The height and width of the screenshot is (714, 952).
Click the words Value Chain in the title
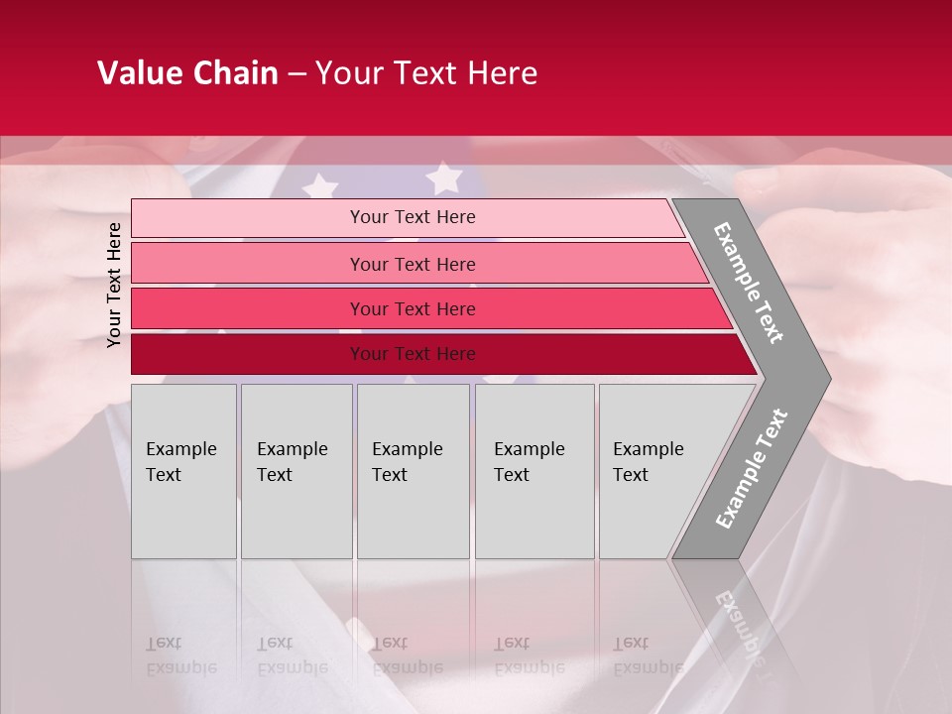click(x=187, y=73)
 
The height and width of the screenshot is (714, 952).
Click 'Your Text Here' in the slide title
click(x=426, y=73)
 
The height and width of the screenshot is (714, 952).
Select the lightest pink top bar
click(x=248, y=218)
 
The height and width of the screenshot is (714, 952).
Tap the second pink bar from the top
click(x=248, y=264)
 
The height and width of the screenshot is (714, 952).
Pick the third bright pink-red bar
click(x=248, y=308)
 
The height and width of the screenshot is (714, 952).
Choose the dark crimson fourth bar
click(x=248, y=354)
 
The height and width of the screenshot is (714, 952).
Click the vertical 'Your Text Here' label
click(x=114, y=285)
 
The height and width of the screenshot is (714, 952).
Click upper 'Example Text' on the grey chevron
click(x=749, y=283)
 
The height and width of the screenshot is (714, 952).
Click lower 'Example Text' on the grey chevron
click(x=752, y=468)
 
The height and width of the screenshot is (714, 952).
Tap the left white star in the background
click(x=320, y=185)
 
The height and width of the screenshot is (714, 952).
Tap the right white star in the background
click(x=444, y=178)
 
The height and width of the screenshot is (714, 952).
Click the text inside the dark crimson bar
click(x=413, y=354)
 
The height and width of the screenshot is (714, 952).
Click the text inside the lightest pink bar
click(x=413, y=217)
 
